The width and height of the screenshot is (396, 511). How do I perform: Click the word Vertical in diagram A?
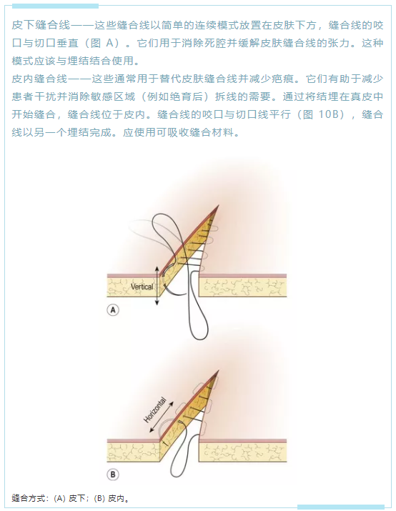click(142, 287)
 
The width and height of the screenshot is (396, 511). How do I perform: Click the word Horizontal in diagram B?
click(155, 410)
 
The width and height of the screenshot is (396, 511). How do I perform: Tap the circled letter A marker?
click(113, 309)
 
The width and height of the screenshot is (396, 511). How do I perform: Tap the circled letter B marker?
click(113, 474)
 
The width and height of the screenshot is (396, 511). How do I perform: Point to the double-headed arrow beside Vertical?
click(157, 286)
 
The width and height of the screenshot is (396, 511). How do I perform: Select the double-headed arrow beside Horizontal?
click(162, 417)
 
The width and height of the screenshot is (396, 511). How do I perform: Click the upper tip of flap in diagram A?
click(218, 205)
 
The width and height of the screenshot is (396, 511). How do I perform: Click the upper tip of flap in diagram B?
click(218, 370)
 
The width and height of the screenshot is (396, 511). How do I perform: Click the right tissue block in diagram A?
click(243, 285)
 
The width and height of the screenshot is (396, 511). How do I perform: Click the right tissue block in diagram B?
click(243, 450)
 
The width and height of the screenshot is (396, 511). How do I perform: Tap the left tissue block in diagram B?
click(134, 450)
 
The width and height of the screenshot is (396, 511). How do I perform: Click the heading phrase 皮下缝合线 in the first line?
click(41, 25)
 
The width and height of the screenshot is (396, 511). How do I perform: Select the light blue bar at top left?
click(55, 6)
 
